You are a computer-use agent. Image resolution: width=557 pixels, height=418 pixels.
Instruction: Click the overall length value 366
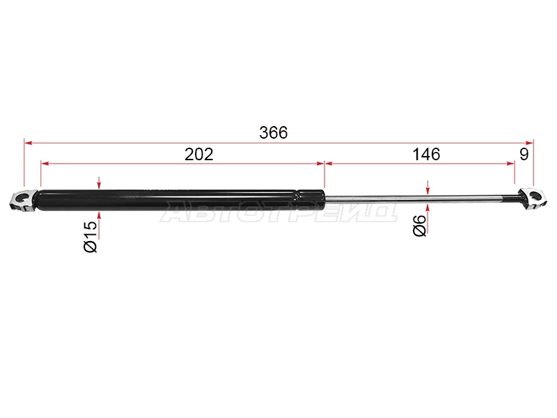[273, 132]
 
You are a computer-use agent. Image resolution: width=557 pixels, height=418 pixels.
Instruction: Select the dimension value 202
[199, 154]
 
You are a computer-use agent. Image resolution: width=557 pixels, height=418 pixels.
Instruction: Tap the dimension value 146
[426, 154]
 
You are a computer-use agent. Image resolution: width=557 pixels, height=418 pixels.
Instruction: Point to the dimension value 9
[524, 154]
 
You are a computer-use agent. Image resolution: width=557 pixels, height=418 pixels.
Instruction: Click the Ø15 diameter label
[91, 237]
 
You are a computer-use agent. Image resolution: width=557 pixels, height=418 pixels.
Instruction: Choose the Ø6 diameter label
[420, 226]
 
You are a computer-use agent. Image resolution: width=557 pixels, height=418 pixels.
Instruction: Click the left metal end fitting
[22, 201]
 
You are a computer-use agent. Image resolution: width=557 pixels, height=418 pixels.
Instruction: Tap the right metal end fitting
[532, 199]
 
